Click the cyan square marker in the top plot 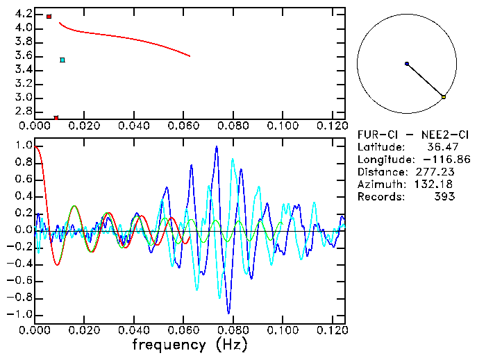point(62,60)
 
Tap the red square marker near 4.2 point(49,16)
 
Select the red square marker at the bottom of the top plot point(56,118)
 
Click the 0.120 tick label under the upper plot point(331,127)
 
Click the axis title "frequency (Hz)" point(190,344)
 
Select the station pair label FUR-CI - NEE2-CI point(405,135)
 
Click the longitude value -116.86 point(444,160)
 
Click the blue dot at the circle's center point(407,64)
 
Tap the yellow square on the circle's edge point(444,97)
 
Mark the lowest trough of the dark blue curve point(229,313)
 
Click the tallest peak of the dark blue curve point(217,146)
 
